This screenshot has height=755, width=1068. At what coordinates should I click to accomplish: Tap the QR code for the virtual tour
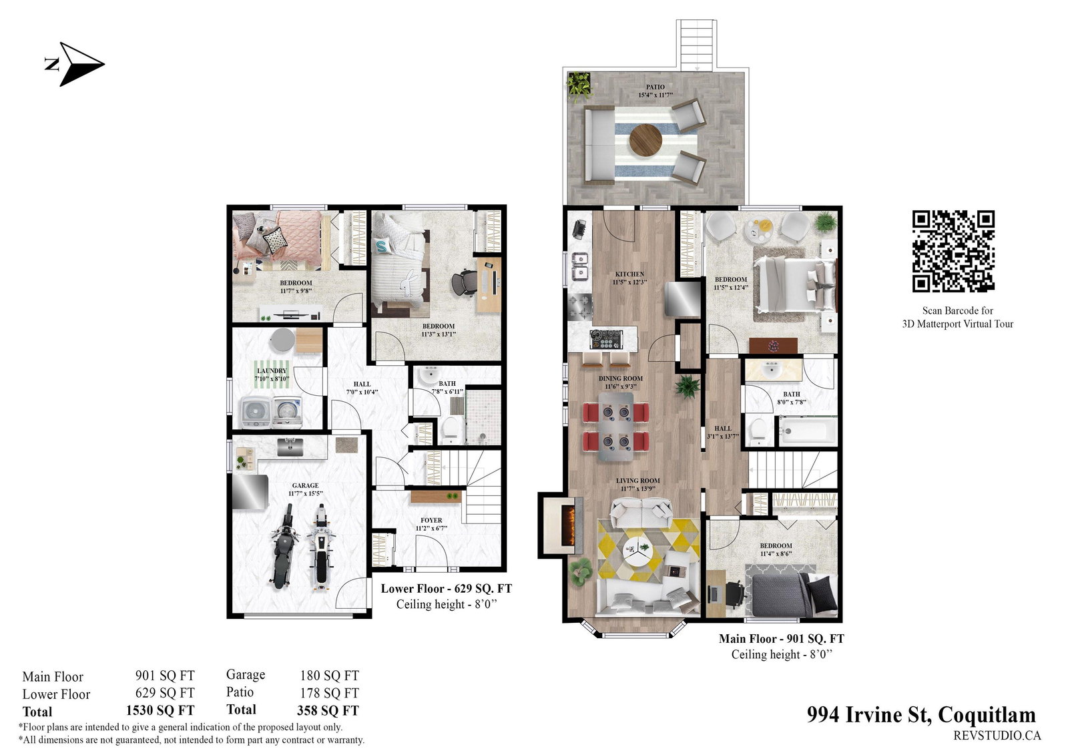(953, 252)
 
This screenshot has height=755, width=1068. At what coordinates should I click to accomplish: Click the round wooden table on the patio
(645, 140)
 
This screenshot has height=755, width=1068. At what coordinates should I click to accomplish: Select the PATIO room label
(655, 87)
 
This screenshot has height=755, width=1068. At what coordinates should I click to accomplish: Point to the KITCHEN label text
(630, 274)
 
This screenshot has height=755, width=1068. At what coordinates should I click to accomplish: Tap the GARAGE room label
(306, 485)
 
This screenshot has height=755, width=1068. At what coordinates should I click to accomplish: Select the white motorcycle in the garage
(322, 549)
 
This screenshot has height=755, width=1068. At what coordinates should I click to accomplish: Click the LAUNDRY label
(272, 370)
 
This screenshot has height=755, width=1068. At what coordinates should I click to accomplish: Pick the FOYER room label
(431, 520)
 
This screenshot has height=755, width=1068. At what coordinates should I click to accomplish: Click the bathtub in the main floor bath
(808, 431)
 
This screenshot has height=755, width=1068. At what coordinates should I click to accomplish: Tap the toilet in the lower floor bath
(450, 429)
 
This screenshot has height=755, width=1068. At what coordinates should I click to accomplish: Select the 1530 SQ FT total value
(160, 711)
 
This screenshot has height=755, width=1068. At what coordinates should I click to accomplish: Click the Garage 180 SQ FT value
(330, 676)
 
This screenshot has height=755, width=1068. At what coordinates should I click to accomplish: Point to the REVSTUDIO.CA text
(997, 736)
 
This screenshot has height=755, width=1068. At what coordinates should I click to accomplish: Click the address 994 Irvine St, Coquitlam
(921, 714)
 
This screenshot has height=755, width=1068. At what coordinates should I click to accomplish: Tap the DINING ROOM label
(621, 379)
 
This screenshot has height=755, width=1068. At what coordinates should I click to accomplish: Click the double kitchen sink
(580, 266)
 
